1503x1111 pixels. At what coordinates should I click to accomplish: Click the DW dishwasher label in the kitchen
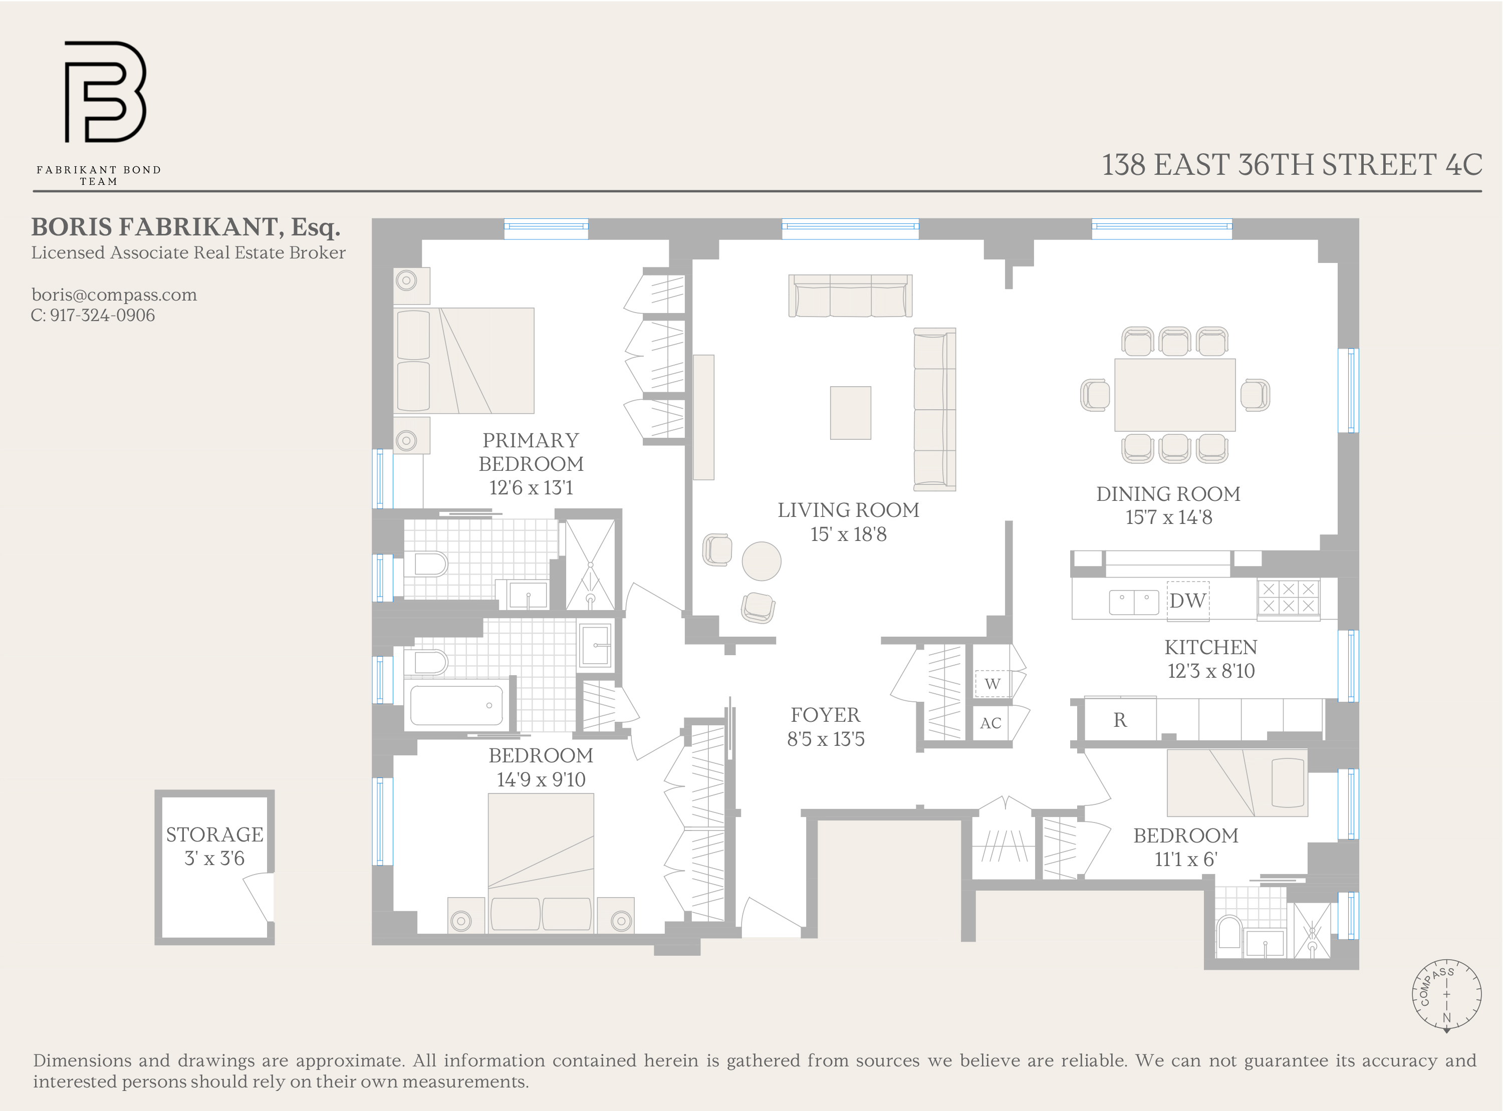pos(1187,601)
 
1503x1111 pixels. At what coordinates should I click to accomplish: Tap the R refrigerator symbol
pos(1120,720)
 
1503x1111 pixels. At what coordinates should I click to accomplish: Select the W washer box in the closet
pos(992,684)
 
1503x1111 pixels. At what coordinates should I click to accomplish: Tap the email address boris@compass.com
pos(114,295)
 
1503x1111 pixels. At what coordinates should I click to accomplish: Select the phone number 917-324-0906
pos(102,316)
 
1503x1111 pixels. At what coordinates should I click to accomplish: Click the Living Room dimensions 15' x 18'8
pos(848,534)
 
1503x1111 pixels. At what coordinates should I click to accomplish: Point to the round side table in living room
pos(761,561)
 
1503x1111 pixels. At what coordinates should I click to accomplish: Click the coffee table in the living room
pos(850,413)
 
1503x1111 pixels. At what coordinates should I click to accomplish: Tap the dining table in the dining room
pos(1174,395)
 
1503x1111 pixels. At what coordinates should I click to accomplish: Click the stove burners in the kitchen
pos(1288,597)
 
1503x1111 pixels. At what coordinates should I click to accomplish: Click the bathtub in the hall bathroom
pos(456,705)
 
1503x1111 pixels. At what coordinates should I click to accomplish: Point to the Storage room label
pos(214,835)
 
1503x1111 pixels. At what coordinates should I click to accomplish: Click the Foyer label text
pos(825,715)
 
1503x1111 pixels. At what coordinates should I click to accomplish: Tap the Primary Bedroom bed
pos(464,361)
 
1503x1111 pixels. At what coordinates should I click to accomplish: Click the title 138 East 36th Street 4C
pos(1291,165)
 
